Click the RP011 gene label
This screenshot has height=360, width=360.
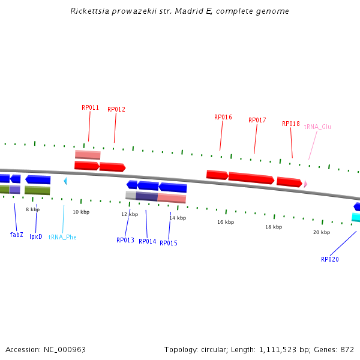click(x=90, y=108)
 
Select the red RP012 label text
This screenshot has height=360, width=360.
click(x=116, y=109)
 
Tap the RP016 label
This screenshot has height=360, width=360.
click(x=223, y=117)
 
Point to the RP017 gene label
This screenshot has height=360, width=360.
click(x=257, y=120)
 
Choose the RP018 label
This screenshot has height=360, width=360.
click(x=290, y=124)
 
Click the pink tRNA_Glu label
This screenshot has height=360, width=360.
click(x=317, y=127)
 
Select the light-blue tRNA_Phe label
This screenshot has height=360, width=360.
click(x=62, y=237)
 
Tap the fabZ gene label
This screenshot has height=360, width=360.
click(x=16, y=235)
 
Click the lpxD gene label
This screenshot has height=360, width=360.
click(x=36, y=236)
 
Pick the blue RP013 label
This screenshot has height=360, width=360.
click(x=125, y=240)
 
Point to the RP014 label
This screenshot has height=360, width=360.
click(x=147, y=241)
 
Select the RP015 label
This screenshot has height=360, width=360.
click(x=168, y=243)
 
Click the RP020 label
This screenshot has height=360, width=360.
click(x=329, y=259)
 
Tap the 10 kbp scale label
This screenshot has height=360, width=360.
click(x=81, y=212)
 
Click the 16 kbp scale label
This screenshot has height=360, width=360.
click(x=225, y=222)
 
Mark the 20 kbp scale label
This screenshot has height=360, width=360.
click(x=321, y=232)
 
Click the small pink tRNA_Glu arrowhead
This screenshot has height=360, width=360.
click(x=305, y=184)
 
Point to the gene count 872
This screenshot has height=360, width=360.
click(x=347, y=349)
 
